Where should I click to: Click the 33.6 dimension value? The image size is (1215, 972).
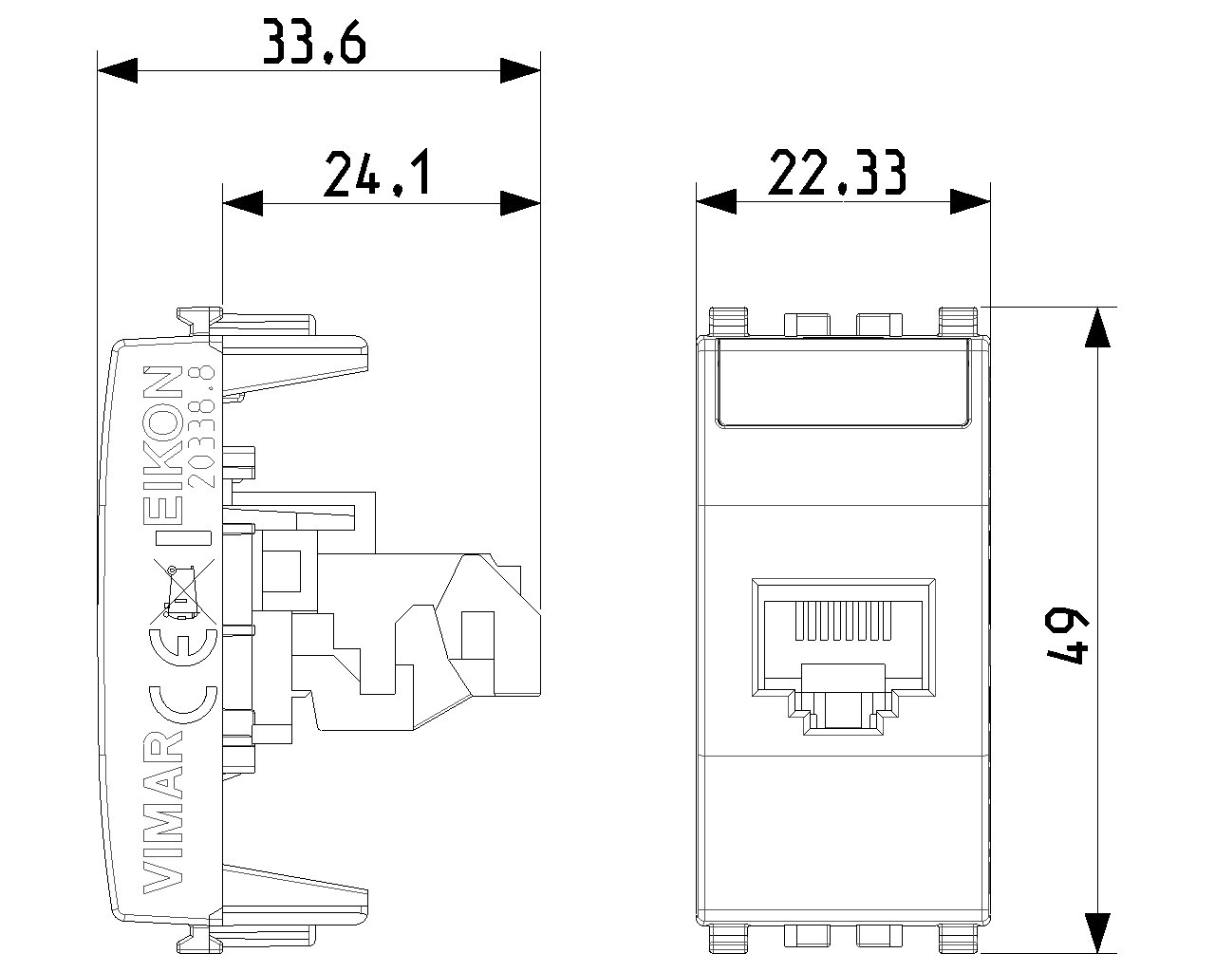pyautogui.click(x=314, y=41)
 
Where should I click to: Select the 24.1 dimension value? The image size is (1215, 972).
pyautogui.click(x=377, y=173)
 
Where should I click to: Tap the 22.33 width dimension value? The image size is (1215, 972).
pyautogui.click(x=837, y=173)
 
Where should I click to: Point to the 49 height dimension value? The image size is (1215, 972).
pyautogui.click(x=1065, y=636)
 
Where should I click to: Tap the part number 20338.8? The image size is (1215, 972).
pyautogui.click(x=201, y=426)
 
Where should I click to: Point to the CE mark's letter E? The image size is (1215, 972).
pyautogui.click(x=183, y=645)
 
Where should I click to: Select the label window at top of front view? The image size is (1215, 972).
pyautogui.click(x=843, y=383)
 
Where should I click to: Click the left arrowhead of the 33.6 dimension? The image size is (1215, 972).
pyautogui.click(x=118, y=70)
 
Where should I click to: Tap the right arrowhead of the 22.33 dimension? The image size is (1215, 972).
pyautogui.click(x=970, y=201)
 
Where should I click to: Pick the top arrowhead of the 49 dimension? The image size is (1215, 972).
pyautogui.click(x=1097, y=327)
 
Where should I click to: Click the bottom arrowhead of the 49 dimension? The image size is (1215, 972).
pyautogui.click(x=1097, y=933)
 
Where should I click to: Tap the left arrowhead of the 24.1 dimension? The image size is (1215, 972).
pyautogui.click(x=243, y=203)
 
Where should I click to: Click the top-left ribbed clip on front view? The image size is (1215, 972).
pyautogui.click(x=728, y=322)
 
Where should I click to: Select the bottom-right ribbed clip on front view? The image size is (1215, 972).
pyautogui.click(x=958, y=938)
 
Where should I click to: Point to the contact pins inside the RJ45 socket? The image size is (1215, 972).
pyautogui.click(x=843, y=622)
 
